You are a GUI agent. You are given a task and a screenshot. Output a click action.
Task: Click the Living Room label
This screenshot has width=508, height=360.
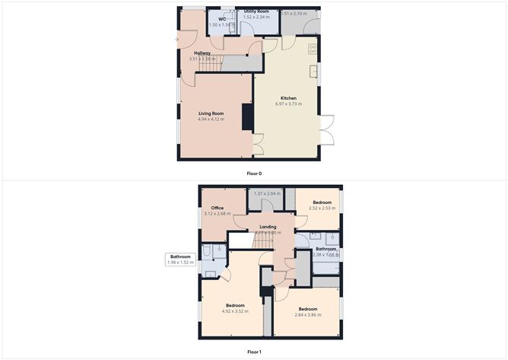pyautogui.click(x=211, y=113)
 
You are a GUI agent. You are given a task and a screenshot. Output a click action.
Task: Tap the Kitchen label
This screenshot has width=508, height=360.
pyautogui.click(x=288, y=98)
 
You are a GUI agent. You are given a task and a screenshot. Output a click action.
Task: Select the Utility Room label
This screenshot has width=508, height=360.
pyautogui.click(x=256, y=11)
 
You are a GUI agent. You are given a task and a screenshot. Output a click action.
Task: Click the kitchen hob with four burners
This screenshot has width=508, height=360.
pyautogui.click(x=313, y=49)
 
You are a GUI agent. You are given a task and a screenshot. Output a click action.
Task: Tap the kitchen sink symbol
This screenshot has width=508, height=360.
pyautogui.click(x=313, y=72)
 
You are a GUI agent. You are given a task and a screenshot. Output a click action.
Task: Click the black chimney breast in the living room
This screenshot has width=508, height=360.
pyautogui.click(x=247, y=119)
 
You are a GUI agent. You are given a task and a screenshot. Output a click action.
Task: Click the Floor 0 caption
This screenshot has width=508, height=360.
pyautogui.click(x=254, y=174)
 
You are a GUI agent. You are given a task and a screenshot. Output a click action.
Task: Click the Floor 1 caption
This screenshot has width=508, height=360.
pyautogui.click(x=254, y=352)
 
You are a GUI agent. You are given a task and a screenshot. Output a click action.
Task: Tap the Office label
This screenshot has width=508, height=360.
pyautogui.click(x=217, y=208)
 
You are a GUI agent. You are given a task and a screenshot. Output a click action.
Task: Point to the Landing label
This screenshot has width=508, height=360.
pyautogui.click(x=268, y=227)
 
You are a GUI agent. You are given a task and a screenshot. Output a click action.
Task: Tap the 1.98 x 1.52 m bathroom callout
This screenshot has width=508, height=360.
pyautogui.click(x=180, y=263)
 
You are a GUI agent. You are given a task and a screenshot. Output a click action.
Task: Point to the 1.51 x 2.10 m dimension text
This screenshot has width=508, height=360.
pyautogui.click(x=294, y=14)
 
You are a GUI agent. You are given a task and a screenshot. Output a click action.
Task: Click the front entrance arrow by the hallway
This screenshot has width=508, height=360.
pyautogui.click(x=176, y=38)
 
